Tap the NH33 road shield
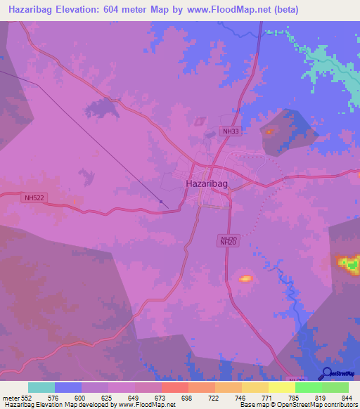click(x=230, y=131)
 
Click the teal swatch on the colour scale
click(x=41, y=387)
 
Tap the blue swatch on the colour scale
click(x=68, y=387)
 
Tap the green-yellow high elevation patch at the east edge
click(x=347, y=264)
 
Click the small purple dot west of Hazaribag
click(x=162, y=202)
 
